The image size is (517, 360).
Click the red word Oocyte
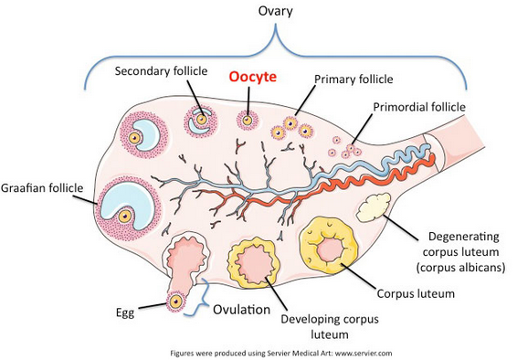[253, 77]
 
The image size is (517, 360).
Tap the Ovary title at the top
[275, 11]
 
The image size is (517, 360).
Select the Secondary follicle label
[162, 71]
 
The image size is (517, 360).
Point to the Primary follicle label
[353, 79]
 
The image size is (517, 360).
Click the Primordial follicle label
[419, 107]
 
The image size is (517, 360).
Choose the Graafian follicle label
[42, 188]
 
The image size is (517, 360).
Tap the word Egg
[125, 312]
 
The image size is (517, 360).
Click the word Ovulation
[242, 310]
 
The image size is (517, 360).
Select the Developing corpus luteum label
[330, 327]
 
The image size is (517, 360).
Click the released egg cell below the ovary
[175, 301]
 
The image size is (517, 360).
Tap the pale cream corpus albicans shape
[374, 207]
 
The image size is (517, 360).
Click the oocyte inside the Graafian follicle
[125, 217]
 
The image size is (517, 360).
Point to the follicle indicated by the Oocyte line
[247, 120]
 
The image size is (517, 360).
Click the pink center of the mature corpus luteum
[330, 249]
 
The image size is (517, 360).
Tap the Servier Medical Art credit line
[281, 354]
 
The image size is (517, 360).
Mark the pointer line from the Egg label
[153, 306]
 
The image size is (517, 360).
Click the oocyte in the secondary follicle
[202, 119]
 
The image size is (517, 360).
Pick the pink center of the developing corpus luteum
[256, 262]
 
